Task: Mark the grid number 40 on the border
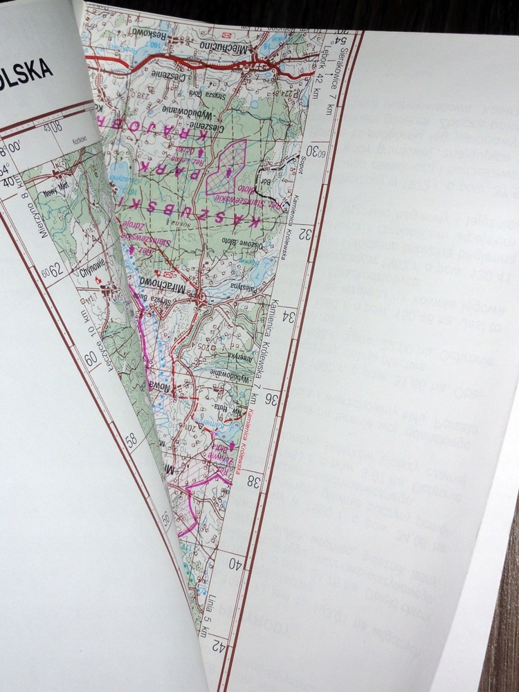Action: [239, 565]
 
